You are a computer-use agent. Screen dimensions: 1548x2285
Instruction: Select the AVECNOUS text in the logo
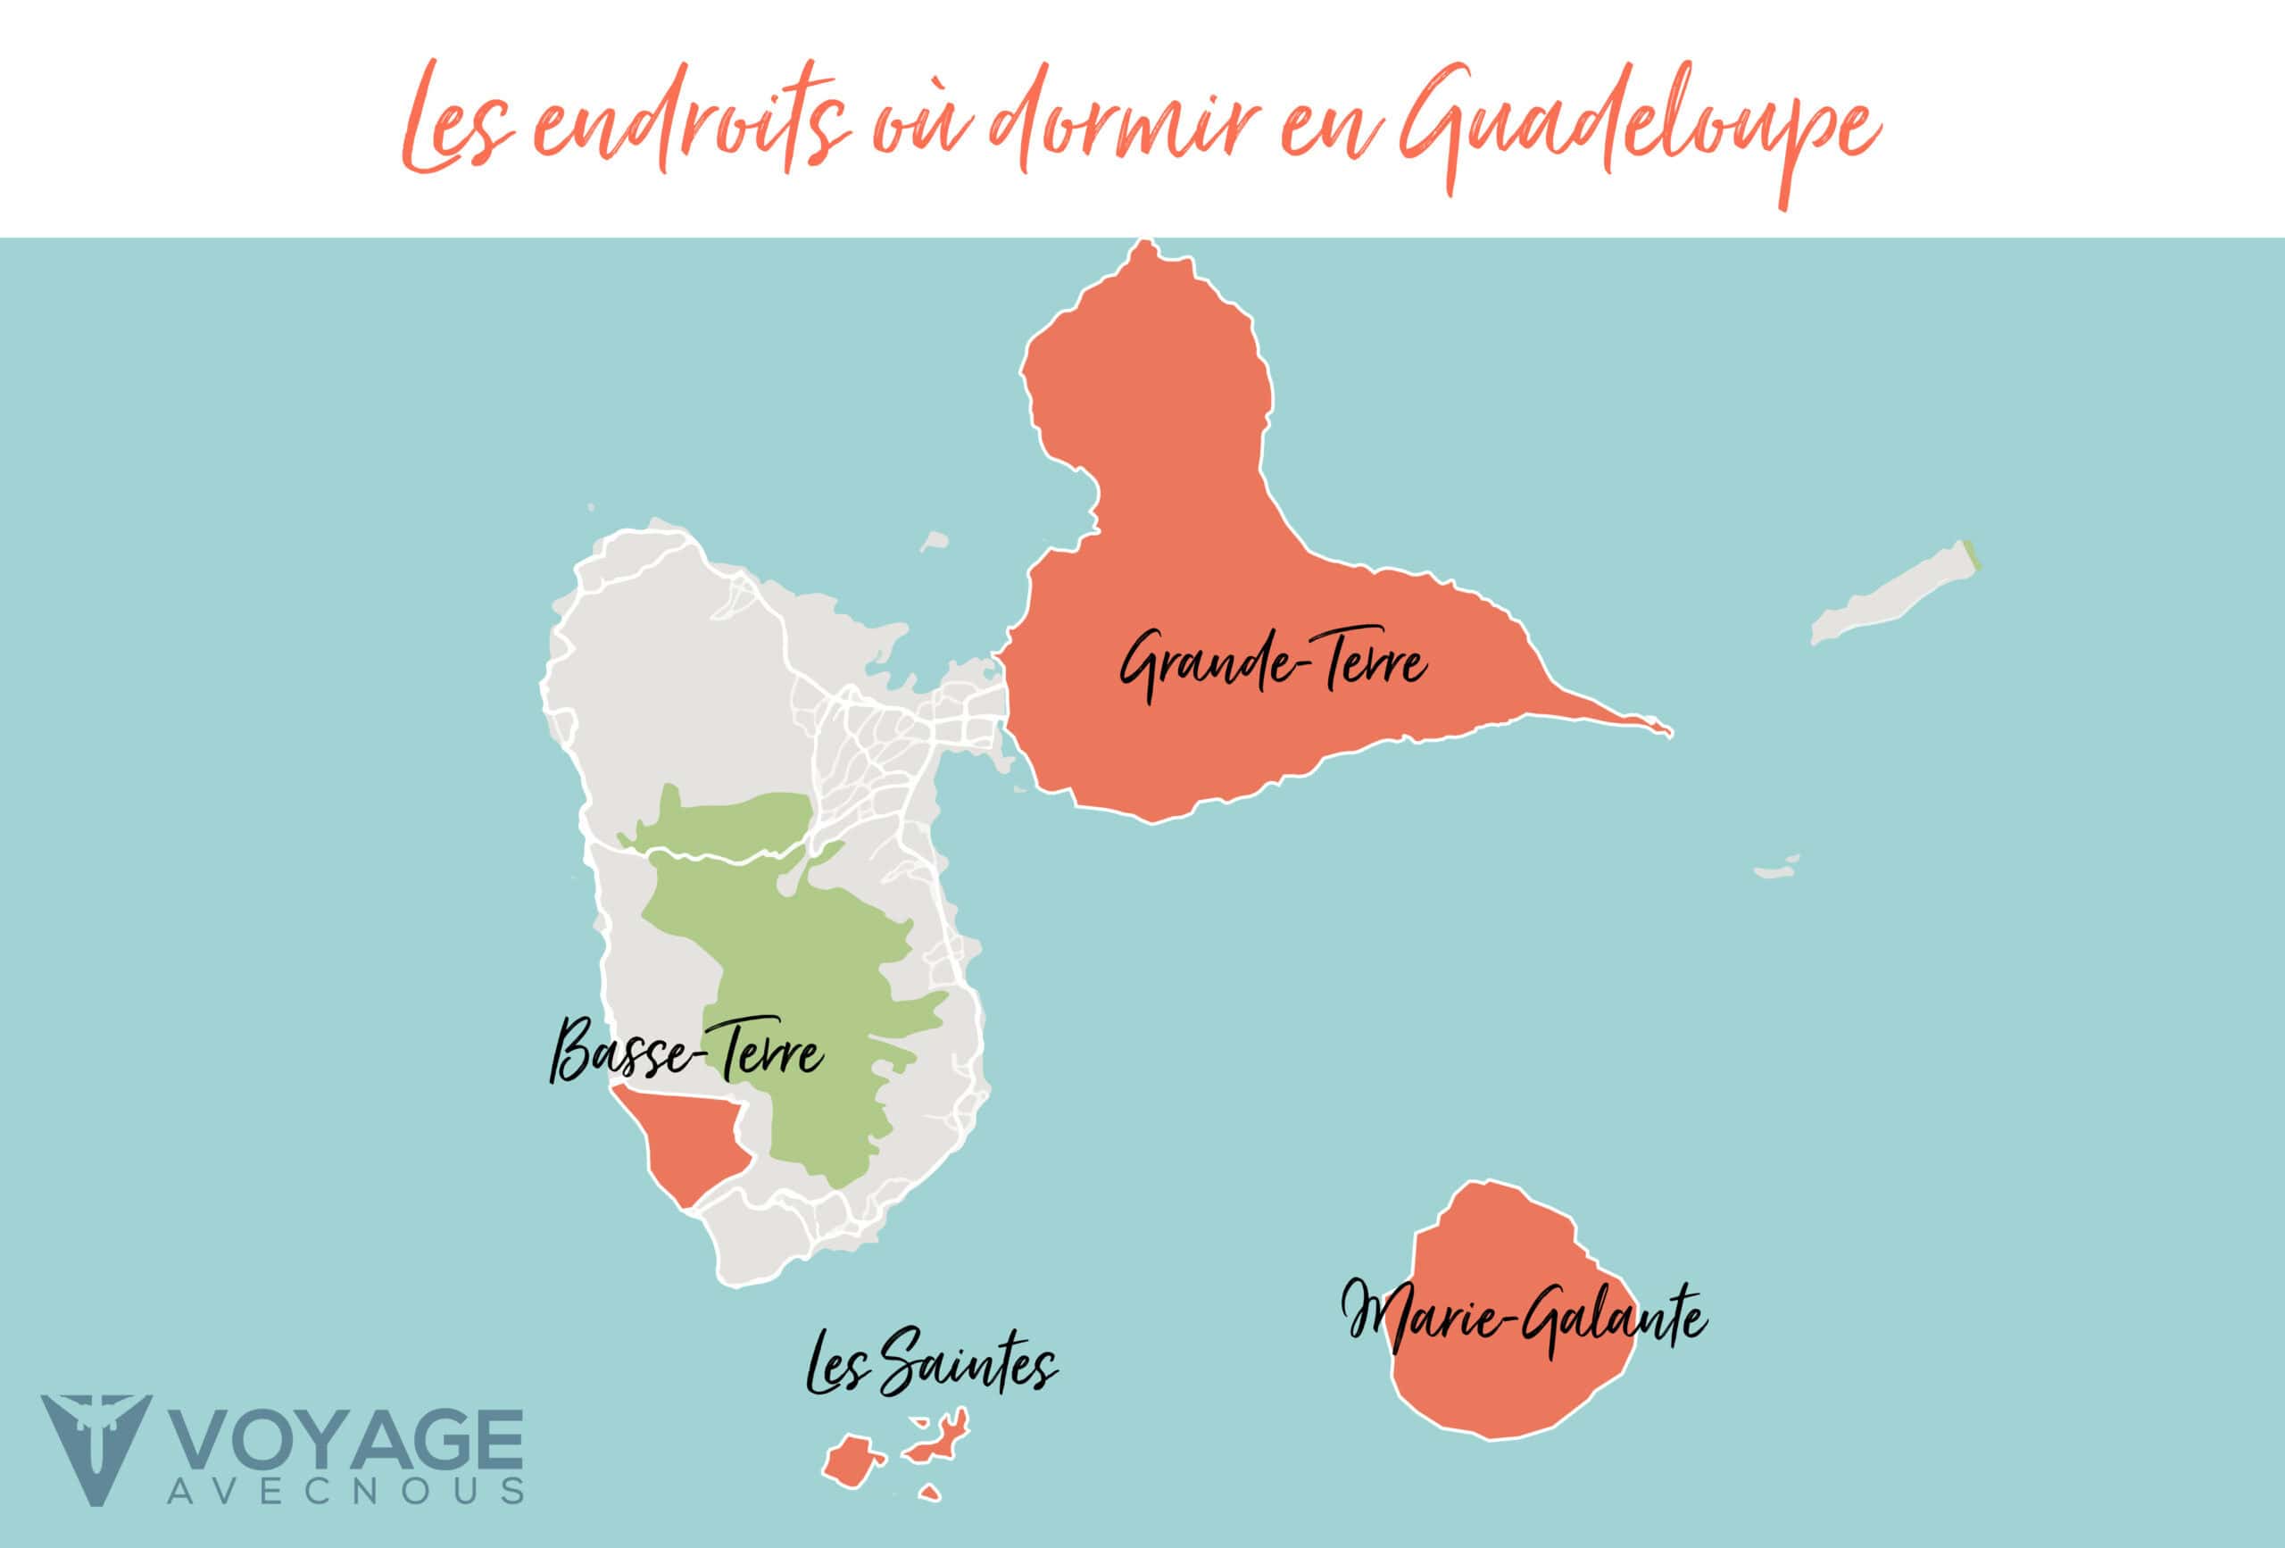point(346,1491)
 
